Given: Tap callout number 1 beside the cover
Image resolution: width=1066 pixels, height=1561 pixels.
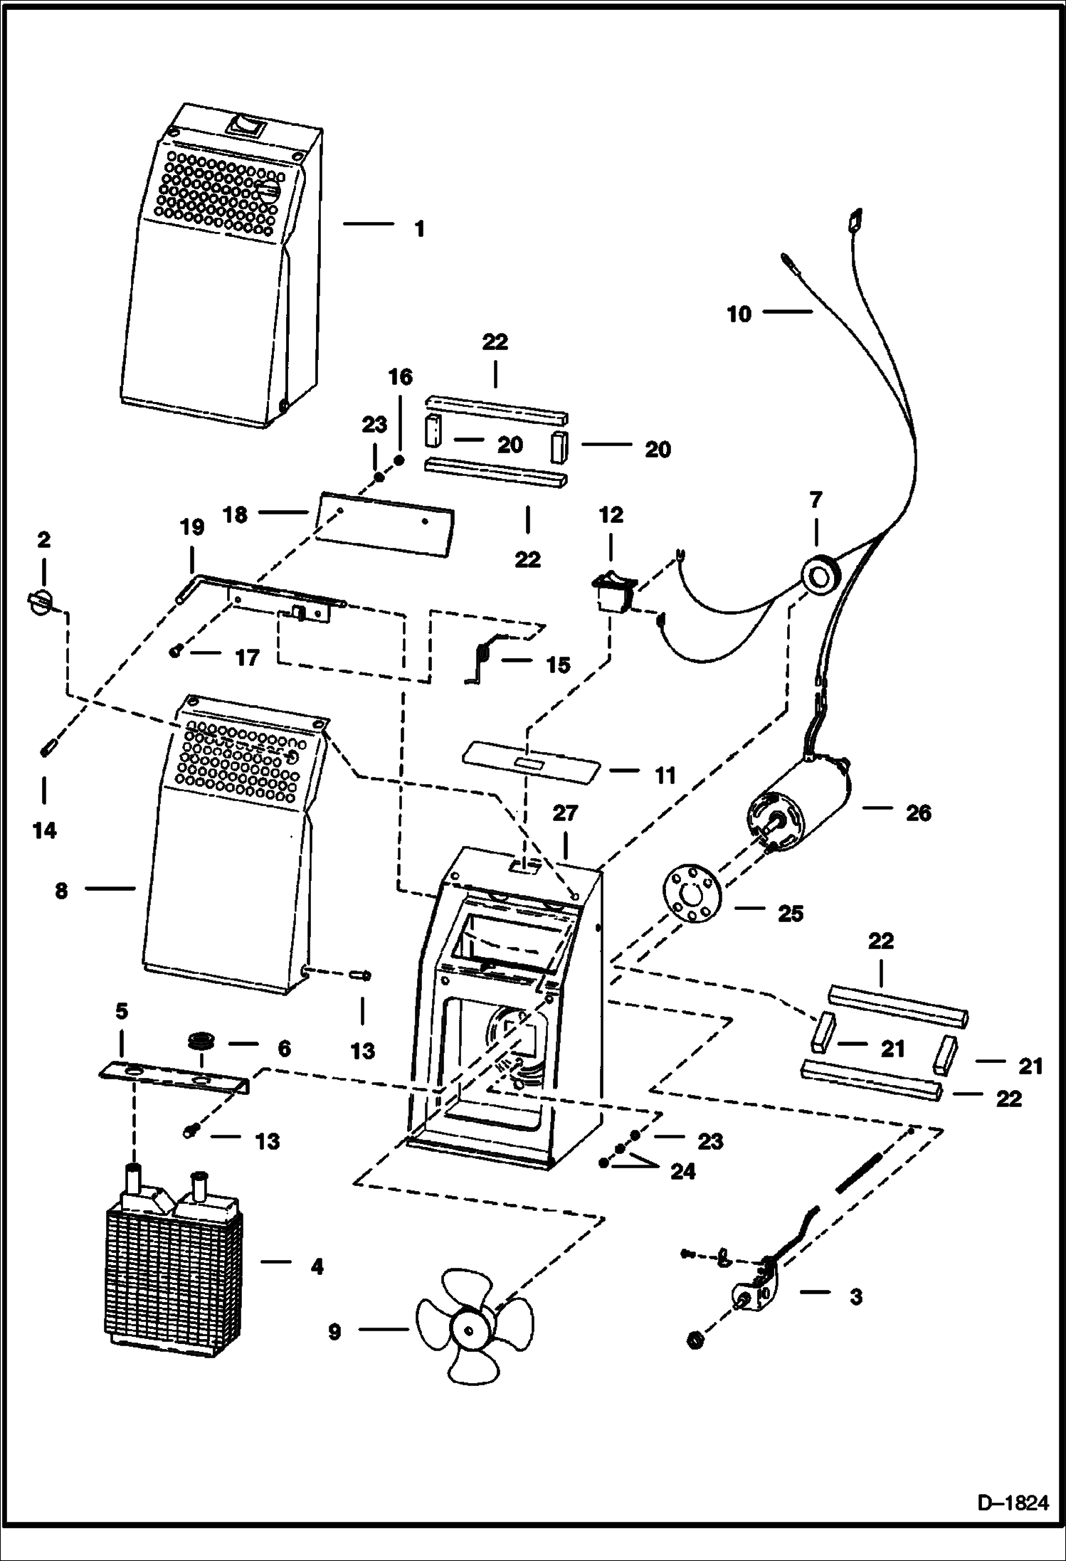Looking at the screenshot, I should (x=420, y=228).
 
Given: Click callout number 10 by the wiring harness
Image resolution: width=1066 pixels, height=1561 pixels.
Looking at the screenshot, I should (x=739, y=314).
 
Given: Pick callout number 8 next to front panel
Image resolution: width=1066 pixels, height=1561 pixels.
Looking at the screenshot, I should (x=62, y=890).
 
